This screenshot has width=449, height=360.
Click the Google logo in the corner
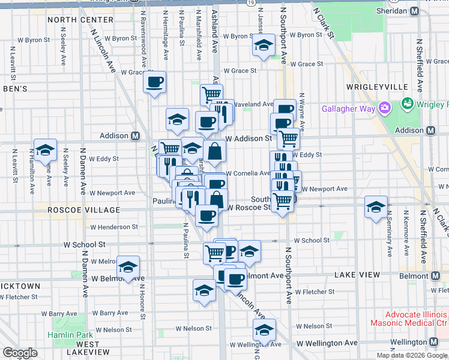[x=20, y=353]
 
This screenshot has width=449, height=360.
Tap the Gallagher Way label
[x=348, y=109]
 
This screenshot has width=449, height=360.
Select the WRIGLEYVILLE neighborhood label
[x=377, y=87]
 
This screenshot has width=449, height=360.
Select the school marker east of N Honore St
[x=128, y=267]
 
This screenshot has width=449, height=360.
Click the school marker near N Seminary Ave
[x=376, y=208]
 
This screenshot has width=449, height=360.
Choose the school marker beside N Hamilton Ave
[x=44, y=151]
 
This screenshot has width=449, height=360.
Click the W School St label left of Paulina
[x=85, y=245]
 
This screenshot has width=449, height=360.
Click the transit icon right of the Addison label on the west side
[x=136, y=136]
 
